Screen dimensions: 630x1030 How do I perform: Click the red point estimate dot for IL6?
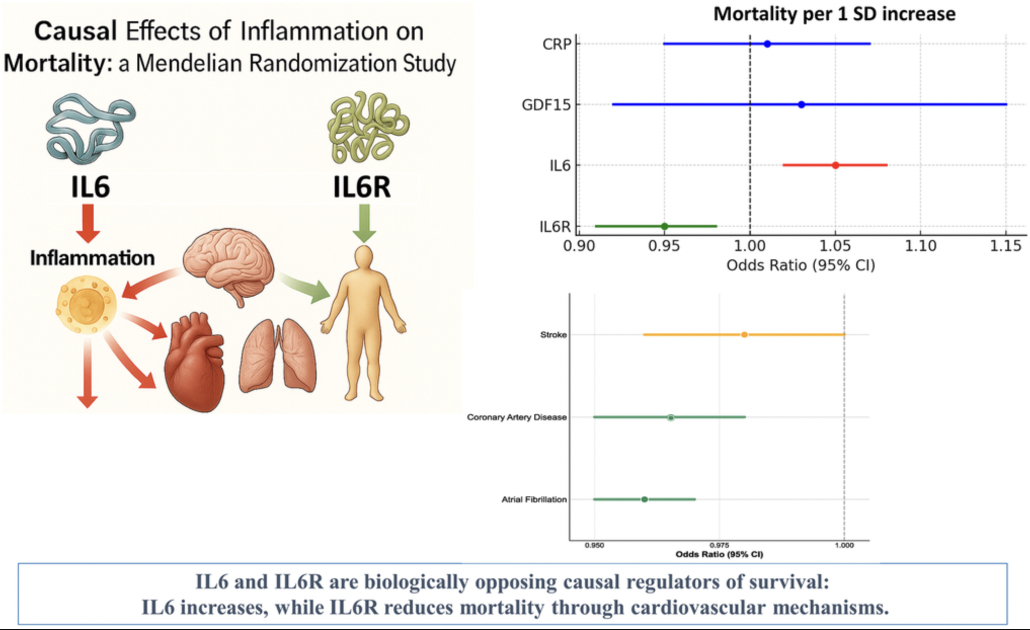[836, 165]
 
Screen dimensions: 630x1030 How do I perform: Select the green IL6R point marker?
[664, 226]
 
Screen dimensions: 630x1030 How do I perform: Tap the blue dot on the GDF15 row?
[801, 105]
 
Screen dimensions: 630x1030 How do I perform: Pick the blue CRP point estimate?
[767, 44]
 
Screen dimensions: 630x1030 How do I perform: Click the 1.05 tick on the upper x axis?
[835, 246]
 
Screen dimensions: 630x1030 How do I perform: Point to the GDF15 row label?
[546, 105]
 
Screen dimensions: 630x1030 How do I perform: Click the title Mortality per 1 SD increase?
[834, 14]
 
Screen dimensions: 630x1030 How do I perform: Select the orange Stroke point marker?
[744, 335]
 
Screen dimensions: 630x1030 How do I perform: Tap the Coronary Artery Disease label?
[517, 417]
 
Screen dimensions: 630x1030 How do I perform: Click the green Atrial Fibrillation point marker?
[644, 499]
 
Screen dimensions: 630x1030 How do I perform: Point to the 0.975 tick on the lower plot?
[719, 545]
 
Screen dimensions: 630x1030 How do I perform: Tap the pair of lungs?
[278, 357]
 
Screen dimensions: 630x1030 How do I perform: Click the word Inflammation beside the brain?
[92, 258]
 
